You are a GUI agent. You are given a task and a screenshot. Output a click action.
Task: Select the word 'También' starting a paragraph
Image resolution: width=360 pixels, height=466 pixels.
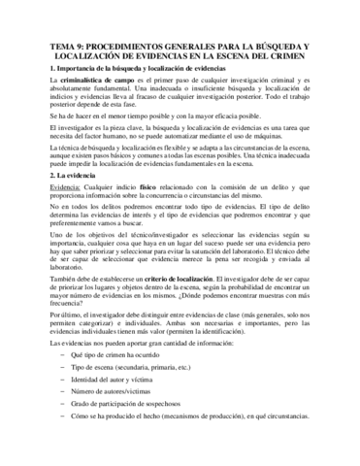[x=34, y=305]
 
